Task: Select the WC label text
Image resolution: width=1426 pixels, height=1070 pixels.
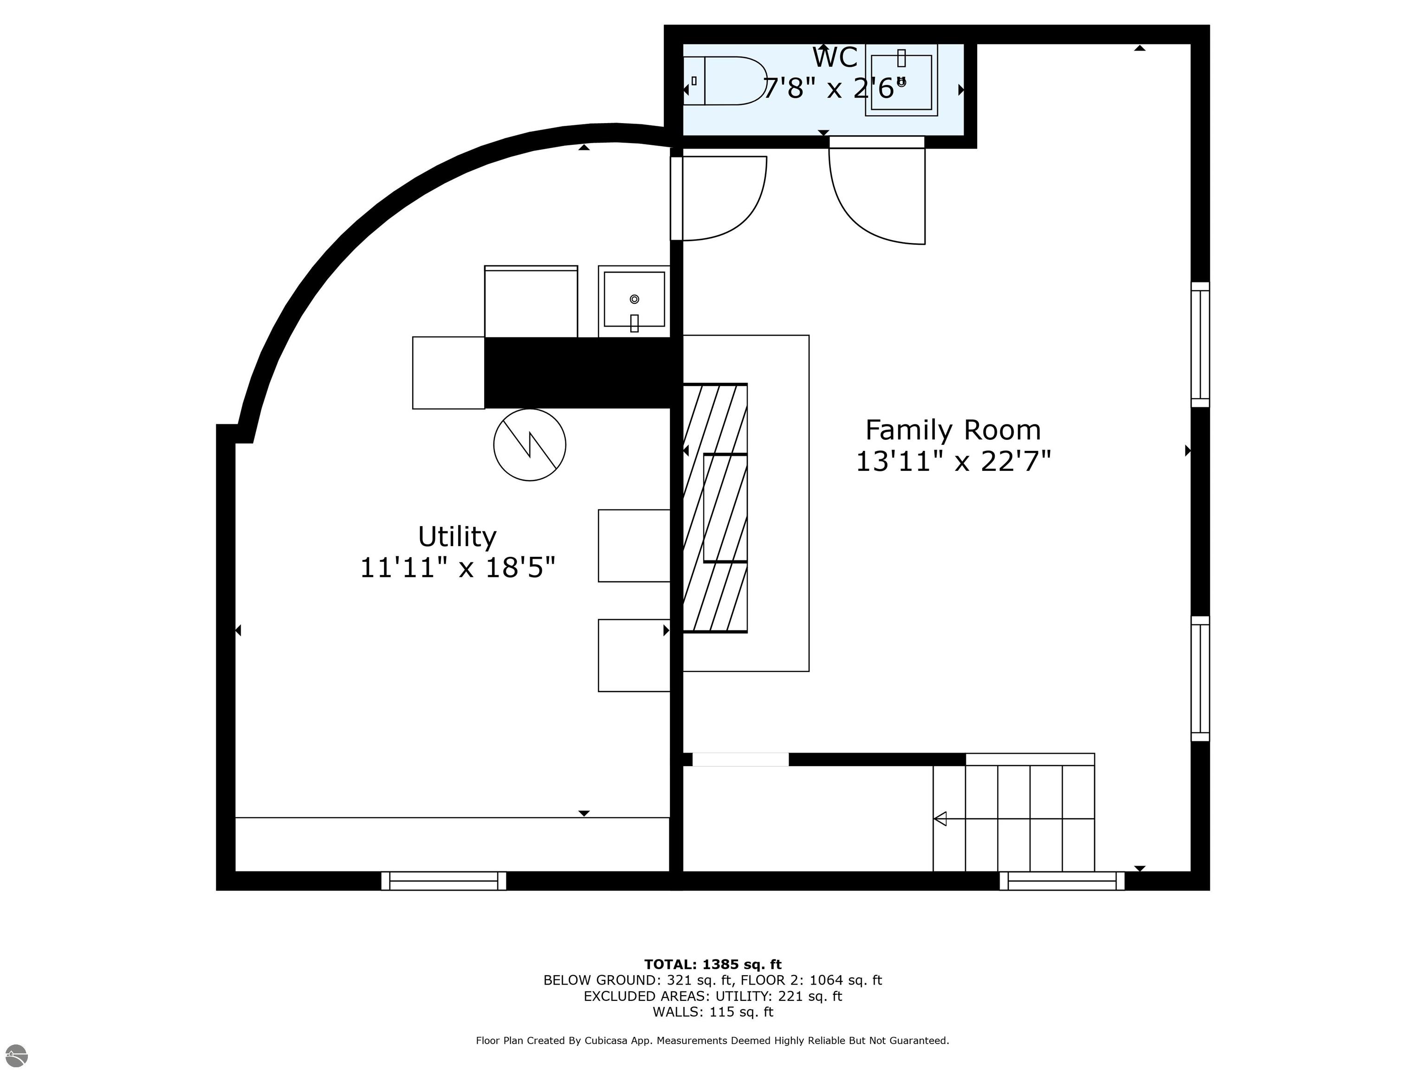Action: click(x=834, y=58)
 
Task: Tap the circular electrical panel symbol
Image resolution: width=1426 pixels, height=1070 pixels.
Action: click(x=529, y=445)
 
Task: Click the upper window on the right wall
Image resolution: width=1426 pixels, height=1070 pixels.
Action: click(x=1200, y=345)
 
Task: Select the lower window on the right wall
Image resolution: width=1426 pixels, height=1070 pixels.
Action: click(x=1200, y=679)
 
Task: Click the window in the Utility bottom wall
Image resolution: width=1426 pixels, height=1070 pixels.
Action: click(x=443, y=881)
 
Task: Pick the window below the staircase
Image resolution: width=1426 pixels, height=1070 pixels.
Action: click(x=1062, y=881)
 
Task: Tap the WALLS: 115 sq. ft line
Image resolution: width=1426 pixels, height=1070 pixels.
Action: click(x=713, y=1012)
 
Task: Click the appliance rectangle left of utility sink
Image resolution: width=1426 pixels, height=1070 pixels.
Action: click(x=531, y=302)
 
